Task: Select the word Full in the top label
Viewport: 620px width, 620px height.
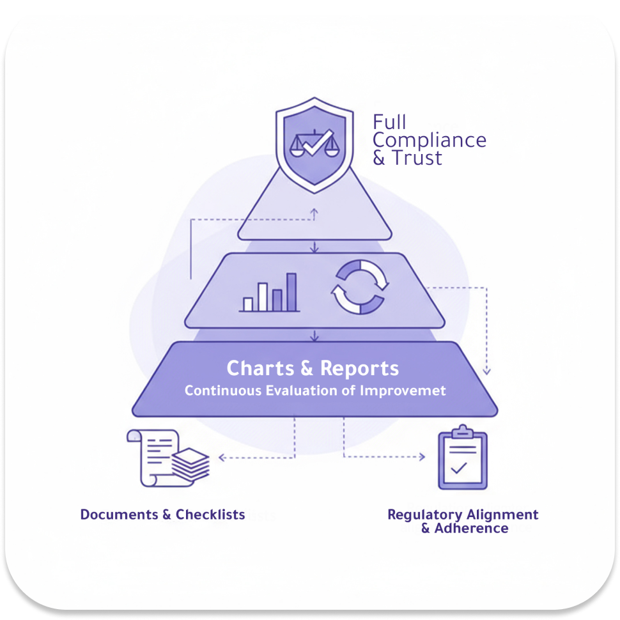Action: click(389, 121)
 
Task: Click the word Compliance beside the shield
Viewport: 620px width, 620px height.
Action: click(430, 140)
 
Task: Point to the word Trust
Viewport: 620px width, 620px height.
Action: click(417, 158)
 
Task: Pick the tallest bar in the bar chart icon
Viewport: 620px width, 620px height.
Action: click(291, 292)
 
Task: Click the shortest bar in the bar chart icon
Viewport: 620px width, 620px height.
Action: click(248, 304)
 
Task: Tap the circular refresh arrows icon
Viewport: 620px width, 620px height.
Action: click(359, 287)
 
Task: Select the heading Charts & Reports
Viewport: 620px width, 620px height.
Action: click(313, 368)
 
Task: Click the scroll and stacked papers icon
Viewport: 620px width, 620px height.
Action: click(169, 458)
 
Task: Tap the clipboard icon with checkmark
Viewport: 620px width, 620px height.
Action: click(461, 460)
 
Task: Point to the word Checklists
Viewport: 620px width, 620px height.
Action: click(210, 515)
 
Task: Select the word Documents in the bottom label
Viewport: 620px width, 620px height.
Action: click(120, 515)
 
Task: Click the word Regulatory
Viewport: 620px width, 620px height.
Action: click(424, 515)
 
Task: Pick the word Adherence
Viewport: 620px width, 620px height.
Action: click(472, 529)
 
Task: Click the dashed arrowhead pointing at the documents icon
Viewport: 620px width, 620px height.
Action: click(221, 458)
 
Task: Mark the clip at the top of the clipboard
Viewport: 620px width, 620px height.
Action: click(461, 430)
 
